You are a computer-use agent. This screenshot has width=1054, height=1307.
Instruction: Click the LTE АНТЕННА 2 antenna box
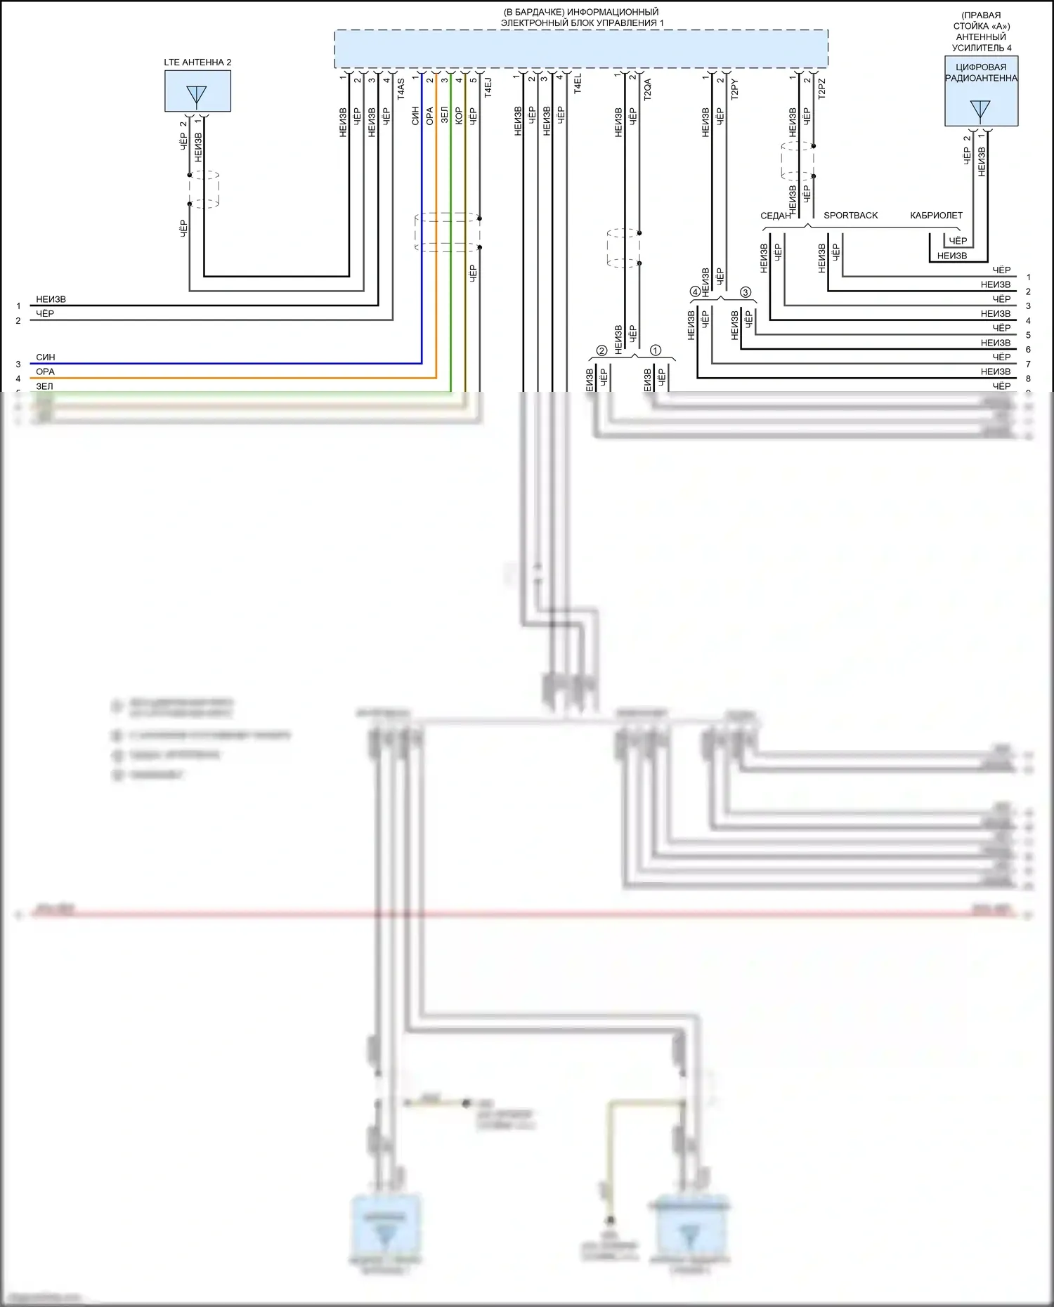pyautogui.click(x=197, y=91)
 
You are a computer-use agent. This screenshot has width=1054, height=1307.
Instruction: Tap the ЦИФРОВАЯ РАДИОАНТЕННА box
pyautogui.click(x=981, y=91)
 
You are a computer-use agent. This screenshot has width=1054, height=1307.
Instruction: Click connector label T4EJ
pyautogui.click(x=488, y=87)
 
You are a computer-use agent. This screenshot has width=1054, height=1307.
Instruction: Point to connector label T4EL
pyautogui.click(x=578, y=84)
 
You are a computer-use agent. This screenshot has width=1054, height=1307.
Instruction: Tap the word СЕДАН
pyautogui.click(x=775, y=216)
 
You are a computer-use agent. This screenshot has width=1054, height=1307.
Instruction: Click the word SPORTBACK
pyautogui.click(x=850, y=216)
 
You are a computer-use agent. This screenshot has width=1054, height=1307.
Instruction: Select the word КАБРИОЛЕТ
pyautogui.click(x=936, y=216)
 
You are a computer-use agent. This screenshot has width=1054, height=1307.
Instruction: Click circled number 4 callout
pyautogui.click(x=695, y=291)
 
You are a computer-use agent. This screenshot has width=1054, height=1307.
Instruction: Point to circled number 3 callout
pyautogui.click(x=746, y=291)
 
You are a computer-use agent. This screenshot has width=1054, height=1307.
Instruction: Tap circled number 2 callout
pyautogui.click(x=601, y=350)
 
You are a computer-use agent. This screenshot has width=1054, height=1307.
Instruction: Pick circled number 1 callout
pyautogui.click(x=656, y=350)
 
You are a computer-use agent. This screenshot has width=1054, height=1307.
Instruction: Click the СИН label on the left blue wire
pyautogui.click(x=46, y=357)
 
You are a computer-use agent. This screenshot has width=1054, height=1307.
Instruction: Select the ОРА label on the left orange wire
pyautogui.click(x=46, y=372)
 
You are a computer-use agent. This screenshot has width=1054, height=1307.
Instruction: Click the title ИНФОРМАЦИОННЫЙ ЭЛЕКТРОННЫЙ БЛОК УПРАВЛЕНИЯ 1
pyautogui.click(x=581, y=18)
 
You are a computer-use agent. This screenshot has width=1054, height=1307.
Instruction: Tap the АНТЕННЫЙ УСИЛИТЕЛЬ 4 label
pyautogui.click(x=981, y=42)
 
